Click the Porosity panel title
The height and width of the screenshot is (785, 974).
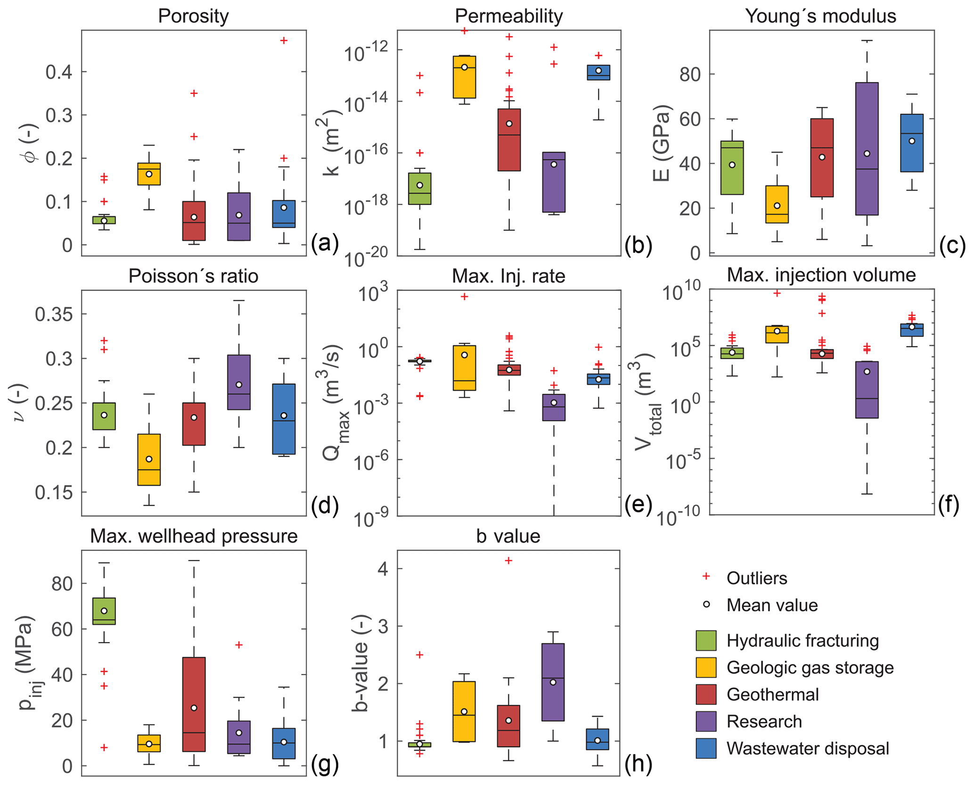193,16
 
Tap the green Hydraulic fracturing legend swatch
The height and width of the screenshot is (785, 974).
706,640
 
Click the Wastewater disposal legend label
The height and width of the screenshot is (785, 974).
808,748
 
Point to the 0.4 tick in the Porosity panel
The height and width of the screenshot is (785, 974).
59,72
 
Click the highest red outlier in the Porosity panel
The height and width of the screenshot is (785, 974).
284,41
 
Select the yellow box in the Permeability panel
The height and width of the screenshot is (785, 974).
464,77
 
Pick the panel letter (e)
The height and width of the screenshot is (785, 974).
638,505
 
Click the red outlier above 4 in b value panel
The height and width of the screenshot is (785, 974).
508,561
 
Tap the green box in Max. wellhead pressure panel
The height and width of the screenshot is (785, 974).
104,611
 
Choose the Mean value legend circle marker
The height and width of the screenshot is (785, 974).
706,605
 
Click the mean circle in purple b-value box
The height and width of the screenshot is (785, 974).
553,682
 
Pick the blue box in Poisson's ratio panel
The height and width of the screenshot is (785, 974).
284,419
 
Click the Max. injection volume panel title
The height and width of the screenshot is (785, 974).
821,275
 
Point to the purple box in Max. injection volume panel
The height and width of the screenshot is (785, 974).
867,389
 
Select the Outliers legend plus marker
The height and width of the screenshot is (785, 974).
706,577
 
